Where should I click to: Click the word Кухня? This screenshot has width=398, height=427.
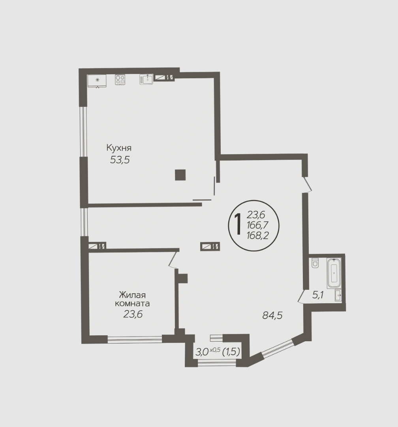(x=119, y=148)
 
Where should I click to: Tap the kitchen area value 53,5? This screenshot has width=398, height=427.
(x=120, y=160)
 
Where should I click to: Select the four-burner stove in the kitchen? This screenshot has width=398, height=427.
(x=120, y=79)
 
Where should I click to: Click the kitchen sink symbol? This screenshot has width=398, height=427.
(x=146, y=79)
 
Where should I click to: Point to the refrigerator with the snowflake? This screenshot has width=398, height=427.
(x=97, y=81)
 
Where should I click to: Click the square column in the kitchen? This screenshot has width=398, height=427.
(x=180, y=175)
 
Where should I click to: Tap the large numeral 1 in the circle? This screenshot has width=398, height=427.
(x=238, y=224)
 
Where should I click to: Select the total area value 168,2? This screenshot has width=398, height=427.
(x=257, y=235)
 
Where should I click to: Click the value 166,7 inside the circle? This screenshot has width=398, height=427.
(x=257, y=225)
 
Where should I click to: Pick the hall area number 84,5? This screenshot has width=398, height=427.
(x=272, y=316)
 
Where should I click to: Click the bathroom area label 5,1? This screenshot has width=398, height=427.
(x=318, y=295)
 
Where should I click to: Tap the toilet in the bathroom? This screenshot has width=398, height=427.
(x=315, y=263)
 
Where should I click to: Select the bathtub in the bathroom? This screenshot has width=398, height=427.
(x=334, y=273)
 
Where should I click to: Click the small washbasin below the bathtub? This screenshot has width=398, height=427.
(x=338, y=295)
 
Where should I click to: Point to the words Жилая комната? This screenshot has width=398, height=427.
(x=133, y=299)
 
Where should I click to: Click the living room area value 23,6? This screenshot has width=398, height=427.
(x=133, y=314)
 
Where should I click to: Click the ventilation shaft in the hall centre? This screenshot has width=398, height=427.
(x=210, y=246)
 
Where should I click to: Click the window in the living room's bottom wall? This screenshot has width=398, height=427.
(x=135, y=339)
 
